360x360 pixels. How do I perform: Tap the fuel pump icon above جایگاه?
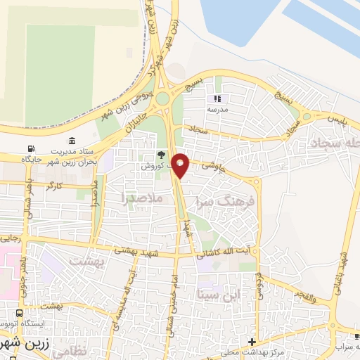pyautogui.click(x=30, y=149)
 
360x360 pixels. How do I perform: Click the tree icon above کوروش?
pyautogui.click(x=162, y=155)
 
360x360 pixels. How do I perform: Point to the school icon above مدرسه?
pyautogui.click(x=217, y=99)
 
